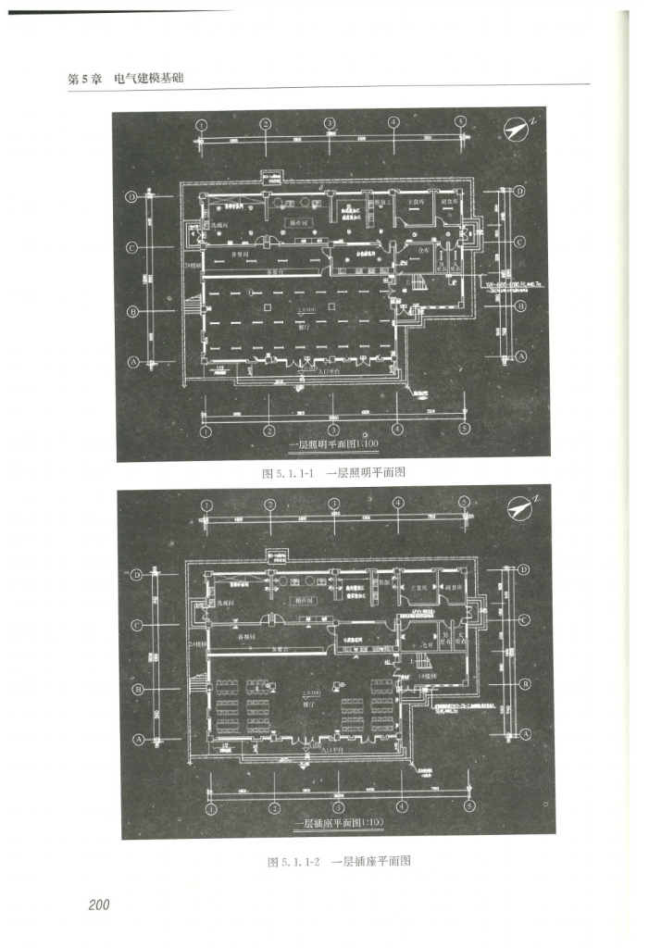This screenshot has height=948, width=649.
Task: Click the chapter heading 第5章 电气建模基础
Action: (x=126, y=78)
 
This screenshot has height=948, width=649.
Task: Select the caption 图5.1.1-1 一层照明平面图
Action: (x=335, y=472)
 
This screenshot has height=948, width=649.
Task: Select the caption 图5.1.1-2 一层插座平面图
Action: (x=339, y=861)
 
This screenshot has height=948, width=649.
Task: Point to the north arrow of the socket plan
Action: (x=522, y=507)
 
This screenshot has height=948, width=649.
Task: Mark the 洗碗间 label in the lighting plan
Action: (x=218, y=224)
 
